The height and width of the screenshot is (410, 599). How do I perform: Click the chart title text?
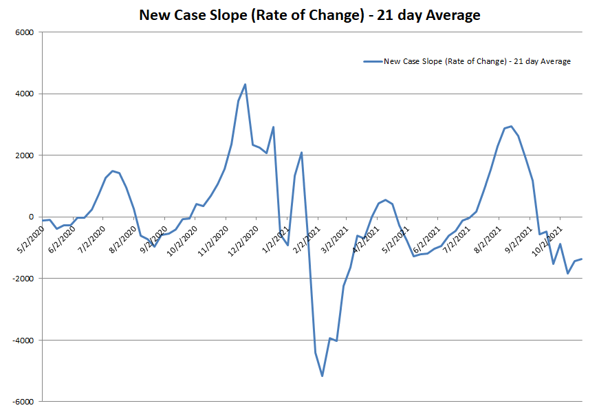(309, 14)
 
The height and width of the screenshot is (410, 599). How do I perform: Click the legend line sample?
(372, 61)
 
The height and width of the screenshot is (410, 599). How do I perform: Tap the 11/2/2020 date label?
(213, 237)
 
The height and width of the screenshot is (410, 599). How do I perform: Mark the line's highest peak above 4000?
(246, 85)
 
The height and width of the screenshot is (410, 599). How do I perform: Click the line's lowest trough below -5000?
(322, 376)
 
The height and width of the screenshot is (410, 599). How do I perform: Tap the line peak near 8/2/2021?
(511, 127)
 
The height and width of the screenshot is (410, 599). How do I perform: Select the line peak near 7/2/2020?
(112, 171)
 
